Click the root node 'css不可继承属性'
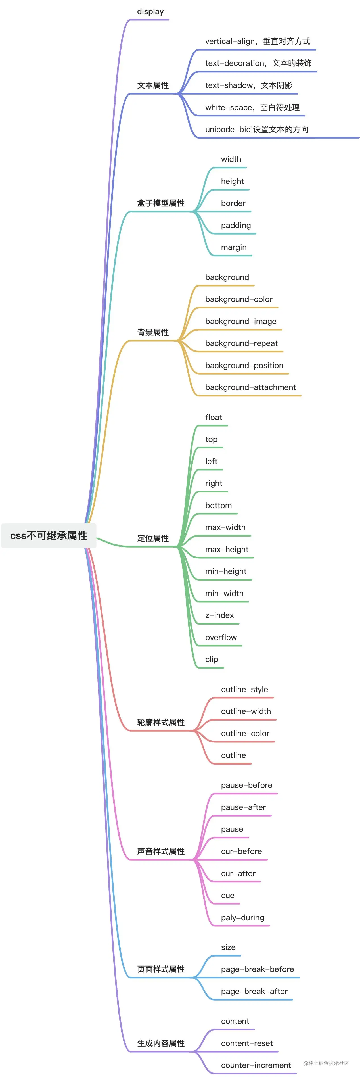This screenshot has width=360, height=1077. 49,536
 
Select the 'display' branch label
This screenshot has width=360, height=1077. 150,12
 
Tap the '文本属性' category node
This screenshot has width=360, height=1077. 153,85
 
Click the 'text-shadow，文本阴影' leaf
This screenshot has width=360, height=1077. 248,85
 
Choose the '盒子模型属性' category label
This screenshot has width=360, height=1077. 161,203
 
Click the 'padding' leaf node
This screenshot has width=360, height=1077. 236,225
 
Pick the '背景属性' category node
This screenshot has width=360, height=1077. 153,332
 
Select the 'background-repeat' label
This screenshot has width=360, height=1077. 241,343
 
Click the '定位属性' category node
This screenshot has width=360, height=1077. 153,538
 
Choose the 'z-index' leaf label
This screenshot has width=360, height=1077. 219,615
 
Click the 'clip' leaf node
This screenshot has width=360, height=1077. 212,659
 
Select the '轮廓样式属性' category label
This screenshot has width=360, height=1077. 161,723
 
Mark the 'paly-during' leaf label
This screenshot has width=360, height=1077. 242,918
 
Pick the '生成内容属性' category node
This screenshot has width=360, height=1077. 161,1043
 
